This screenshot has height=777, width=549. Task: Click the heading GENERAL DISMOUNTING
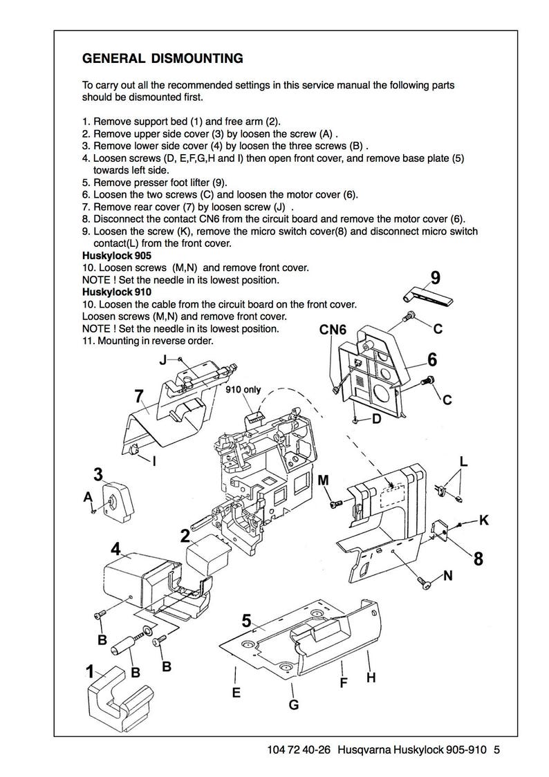point(162,58)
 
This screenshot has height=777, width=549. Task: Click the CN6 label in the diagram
point(332,330)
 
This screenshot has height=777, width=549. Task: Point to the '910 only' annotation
point(243,389)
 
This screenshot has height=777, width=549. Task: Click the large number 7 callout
point(139,397)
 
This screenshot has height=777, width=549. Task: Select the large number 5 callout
point(246,621)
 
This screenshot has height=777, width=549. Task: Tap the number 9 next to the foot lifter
point(435,277)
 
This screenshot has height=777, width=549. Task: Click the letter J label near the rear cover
point(163,359)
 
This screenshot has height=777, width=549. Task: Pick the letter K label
point(483,521)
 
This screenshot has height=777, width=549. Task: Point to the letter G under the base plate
point(293,704)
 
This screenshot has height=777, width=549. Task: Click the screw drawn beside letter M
point(336,503)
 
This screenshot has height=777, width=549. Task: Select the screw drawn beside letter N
point(425,583)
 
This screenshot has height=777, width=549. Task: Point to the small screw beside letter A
point(93,511)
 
